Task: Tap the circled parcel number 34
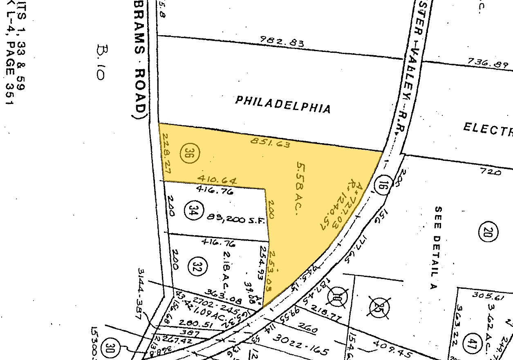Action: coord(194,211)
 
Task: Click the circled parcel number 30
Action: coord(110,347)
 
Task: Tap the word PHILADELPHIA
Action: coord(283,104)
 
